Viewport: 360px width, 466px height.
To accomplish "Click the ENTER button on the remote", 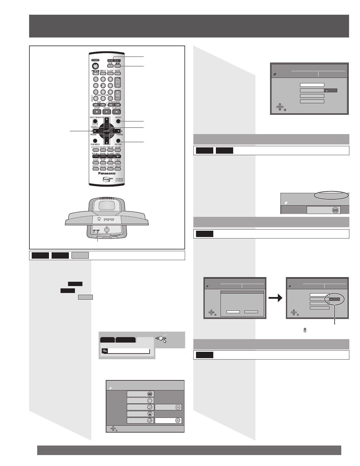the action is tap(107, 131).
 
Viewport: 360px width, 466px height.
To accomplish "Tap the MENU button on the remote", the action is tap(118, 121).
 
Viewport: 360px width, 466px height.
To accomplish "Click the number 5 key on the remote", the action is tap(103, 85).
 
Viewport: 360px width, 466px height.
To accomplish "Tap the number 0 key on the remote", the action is tap(103, 98).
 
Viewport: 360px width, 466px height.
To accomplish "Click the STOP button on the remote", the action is tap(97, 112).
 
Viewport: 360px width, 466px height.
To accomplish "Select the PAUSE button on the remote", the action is tap(107, 112).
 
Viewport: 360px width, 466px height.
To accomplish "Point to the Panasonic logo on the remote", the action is tap(107, 173).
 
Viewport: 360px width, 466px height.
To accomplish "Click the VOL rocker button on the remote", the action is tap(118, 95).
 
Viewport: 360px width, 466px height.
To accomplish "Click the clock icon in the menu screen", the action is tap(150, 401).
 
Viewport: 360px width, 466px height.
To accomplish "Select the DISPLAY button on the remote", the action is tap(118, 169).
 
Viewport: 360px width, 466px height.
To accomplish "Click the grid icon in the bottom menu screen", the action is tap(150, 394).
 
